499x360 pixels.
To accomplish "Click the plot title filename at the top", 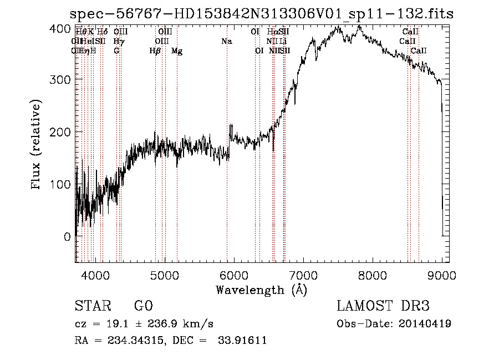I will [262, 14].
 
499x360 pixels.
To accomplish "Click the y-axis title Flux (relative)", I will [37, 145].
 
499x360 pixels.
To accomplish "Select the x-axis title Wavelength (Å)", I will [262, 290].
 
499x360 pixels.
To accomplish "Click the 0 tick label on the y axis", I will [67, 236].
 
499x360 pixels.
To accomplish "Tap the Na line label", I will [226, 41].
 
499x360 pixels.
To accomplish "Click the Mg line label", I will [177, 51].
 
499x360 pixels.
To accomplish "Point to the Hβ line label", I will [155, 51].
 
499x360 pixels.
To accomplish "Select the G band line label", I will [116, 51].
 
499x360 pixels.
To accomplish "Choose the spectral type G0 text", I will [143, 306].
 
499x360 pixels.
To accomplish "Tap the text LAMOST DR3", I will [383, 306].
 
